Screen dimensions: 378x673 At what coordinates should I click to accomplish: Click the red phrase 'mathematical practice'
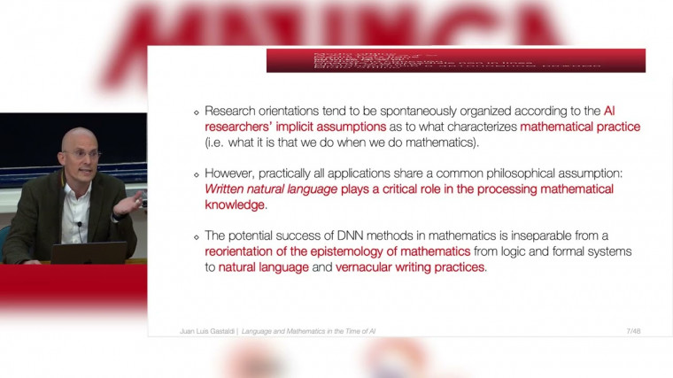(x=580, y=127)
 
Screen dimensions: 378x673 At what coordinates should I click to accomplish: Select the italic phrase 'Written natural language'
(x=262, y=189)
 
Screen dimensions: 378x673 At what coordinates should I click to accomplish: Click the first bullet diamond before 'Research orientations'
(x=197, y=112)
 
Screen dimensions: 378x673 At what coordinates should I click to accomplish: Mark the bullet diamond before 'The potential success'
(x=197, y=236)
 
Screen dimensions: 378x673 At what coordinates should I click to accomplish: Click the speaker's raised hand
(x=131, y=204)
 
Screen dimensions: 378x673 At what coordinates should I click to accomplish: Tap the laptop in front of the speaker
(x=88, y=252)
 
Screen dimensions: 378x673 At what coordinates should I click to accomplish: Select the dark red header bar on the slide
(x=455, y=60)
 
